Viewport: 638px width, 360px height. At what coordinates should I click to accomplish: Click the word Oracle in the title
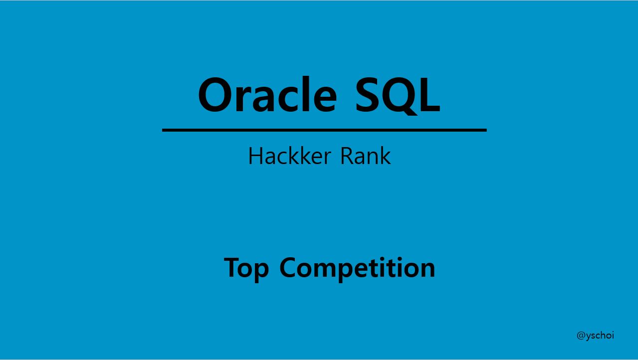coord(267,95)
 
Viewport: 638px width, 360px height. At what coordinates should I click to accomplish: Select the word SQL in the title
coord(398,95)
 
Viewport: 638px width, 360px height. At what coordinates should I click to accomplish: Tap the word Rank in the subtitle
coord(366,156)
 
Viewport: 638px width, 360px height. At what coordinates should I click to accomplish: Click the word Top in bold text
coord(246,268)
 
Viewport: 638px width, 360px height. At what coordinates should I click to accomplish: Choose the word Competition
coord(357,268)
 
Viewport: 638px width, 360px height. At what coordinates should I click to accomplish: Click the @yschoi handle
coord(595,335)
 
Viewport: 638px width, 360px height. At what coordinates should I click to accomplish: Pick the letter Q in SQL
coord(399,96)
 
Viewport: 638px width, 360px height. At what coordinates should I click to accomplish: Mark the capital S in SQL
coord(369,95)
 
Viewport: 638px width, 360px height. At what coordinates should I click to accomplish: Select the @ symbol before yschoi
coord(581,336)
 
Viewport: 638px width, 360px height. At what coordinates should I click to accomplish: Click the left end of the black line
coord(164,130)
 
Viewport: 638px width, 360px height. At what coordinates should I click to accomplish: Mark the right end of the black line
coord(485,130)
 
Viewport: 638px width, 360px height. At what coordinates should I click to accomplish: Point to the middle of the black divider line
coord(324,130)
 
